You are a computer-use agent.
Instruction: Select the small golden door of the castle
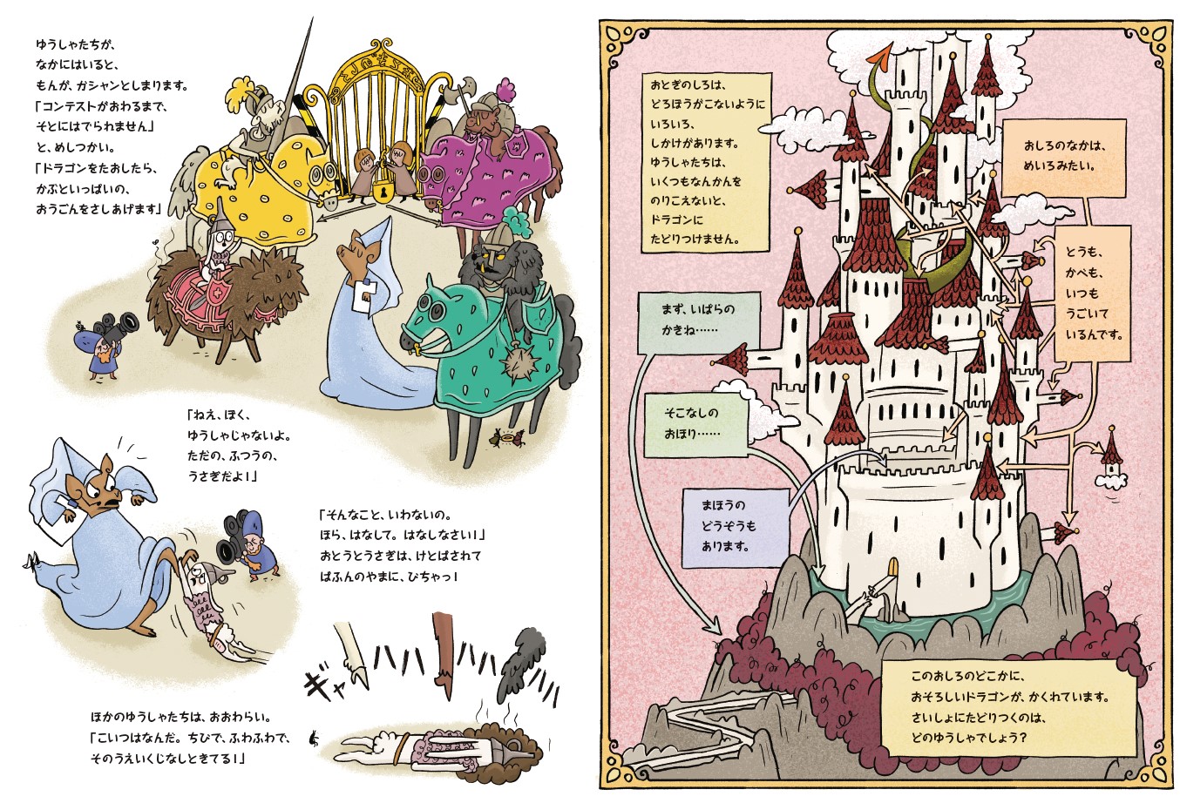[893, 569]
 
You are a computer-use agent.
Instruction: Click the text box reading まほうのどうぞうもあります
[736, 528]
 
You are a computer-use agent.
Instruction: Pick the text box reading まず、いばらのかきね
[699, 323]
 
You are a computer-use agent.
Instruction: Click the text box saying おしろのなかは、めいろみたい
[1063, 158]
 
